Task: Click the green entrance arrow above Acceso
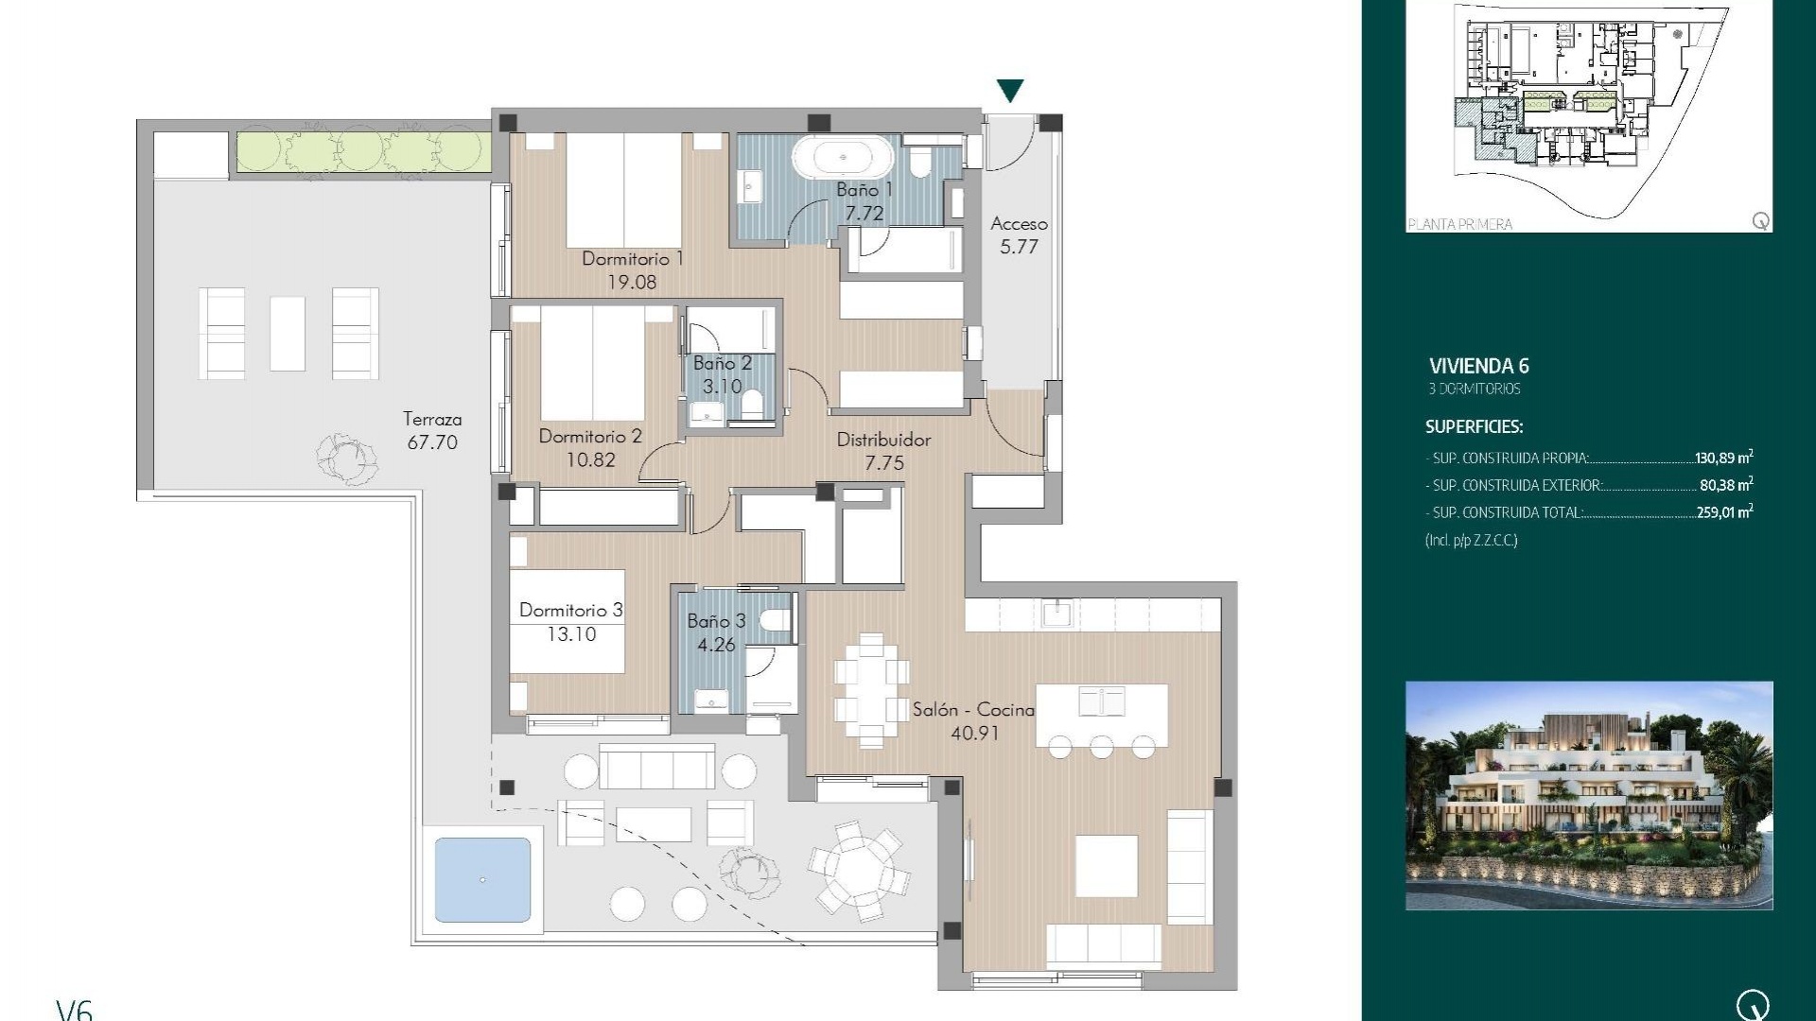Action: pos(1010,90)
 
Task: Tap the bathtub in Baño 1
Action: pos(842,157)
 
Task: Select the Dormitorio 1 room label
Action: pos(632,258)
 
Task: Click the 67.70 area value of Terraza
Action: pos(432,442)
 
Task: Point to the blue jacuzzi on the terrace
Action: pos(482,879)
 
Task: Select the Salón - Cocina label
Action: pos(972,709)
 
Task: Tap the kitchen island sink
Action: pos(1102,701)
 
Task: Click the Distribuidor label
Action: pos(883,440)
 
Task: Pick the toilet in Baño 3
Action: pos(776,621)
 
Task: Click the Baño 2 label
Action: pos(722,363)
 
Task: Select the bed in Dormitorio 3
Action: pos(567,621)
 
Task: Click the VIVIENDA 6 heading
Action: pos(1478,366)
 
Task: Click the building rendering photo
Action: pos(1589,795)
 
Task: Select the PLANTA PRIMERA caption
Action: pos(1460,224)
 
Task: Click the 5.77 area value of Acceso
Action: pos(1019,247)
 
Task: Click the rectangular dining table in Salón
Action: pos(871,690)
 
